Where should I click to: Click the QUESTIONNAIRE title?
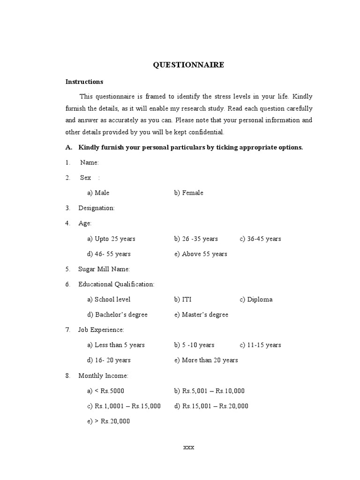pos(188,65)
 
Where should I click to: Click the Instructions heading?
pos(84,82)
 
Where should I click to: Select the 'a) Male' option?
pos(98,193)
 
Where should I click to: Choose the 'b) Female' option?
pos(188,193)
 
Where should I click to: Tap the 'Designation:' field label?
pos(96,208)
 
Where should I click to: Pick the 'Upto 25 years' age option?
pos(111,239)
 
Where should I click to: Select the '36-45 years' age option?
pos(260,239)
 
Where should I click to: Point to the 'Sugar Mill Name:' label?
pos(104,269)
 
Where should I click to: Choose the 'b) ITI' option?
pos(183,300)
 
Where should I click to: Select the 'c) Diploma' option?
pos(256,300)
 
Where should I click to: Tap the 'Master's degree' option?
pos(201,315)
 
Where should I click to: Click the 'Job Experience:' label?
pos(101,330)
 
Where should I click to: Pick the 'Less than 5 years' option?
pos(116,345)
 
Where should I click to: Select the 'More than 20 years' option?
pos(206,360)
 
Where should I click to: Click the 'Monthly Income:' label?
pos(103,375)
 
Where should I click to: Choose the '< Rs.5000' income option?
pos(105,391)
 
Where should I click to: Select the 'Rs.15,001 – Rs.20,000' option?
pos(211,406)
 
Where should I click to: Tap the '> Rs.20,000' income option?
pos(108,421)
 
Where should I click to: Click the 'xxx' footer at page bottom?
pos(188,447)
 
